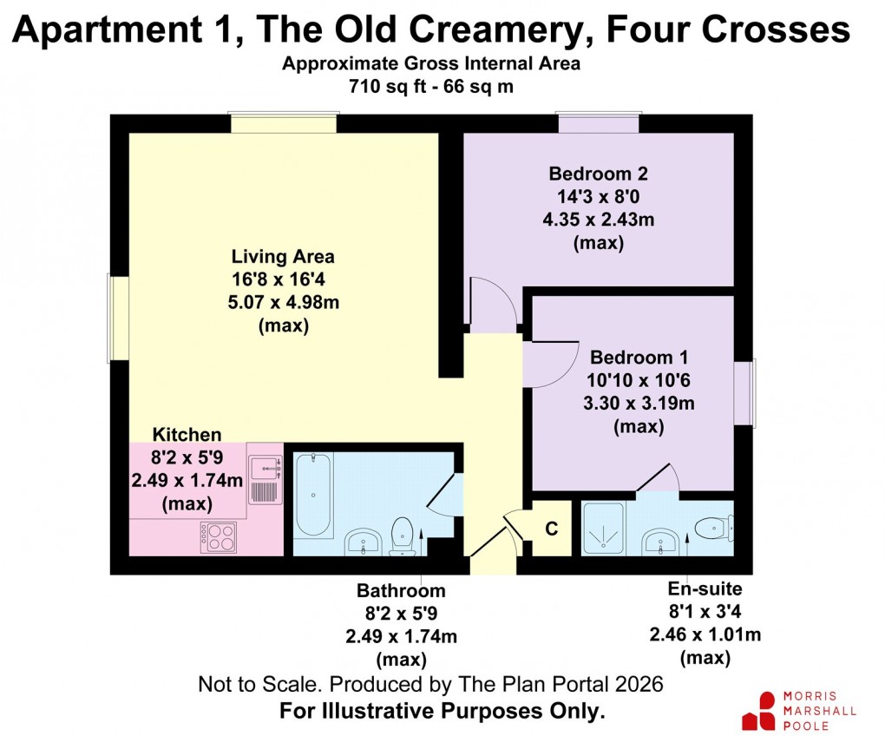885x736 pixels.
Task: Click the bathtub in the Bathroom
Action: [313, 494]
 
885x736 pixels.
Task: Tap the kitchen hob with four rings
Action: [219, 536]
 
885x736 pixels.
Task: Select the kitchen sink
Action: [265, 479]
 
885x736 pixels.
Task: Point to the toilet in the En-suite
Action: [714, 529]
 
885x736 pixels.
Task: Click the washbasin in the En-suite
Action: [660, 542]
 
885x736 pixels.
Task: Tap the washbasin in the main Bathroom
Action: [363, 542]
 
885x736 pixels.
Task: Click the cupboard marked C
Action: [552, 529]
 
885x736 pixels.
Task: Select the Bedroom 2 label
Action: [599, 174]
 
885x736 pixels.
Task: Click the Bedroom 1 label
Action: [639, 358]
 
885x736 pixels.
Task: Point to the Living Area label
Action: [283, 257]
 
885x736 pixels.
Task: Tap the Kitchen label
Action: [187, 435]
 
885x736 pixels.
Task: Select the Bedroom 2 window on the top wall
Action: [599, 123]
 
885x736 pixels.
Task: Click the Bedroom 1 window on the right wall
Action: [744, 393]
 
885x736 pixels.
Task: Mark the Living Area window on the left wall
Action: [119, 318]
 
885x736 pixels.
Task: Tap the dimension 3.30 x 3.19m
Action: [639, 404]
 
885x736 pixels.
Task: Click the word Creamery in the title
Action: [495, 30]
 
